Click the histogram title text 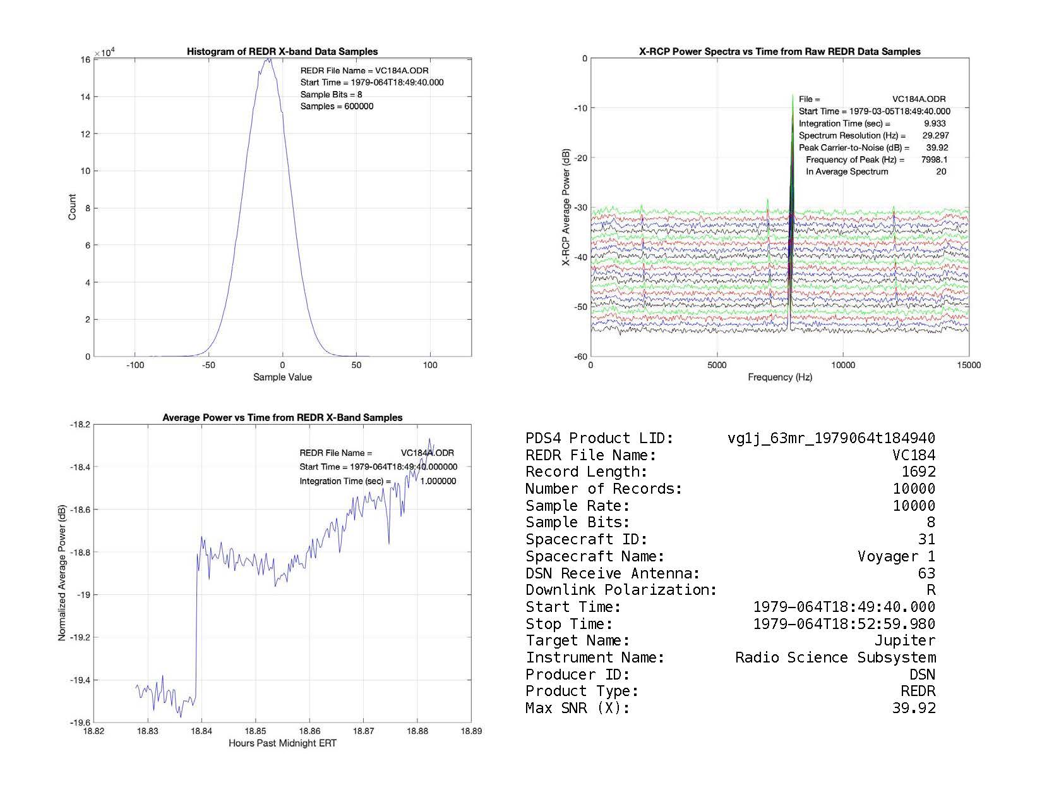282,52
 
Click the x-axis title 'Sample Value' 282,377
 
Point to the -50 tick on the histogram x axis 208,365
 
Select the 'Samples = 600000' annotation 337,106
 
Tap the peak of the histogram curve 268,59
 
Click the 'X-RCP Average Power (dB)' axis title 566,207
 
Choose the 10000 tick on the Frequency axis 842,365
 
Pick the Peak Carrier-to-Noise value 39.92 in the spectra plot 937,147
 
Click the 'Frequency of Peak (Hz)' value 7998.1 934,159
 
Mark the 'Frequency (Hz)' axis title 780,377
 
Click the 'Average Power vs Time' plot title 282,418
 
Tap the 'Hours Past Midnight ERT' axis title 282,743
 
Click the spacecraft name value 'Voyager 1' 896,556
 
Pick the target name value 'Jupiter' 904,640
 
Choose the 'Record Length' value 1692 918,472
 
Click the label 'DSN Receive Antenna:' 613,573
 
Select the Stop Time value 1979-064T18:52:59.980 844,624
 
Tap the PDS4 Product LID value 831,438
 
